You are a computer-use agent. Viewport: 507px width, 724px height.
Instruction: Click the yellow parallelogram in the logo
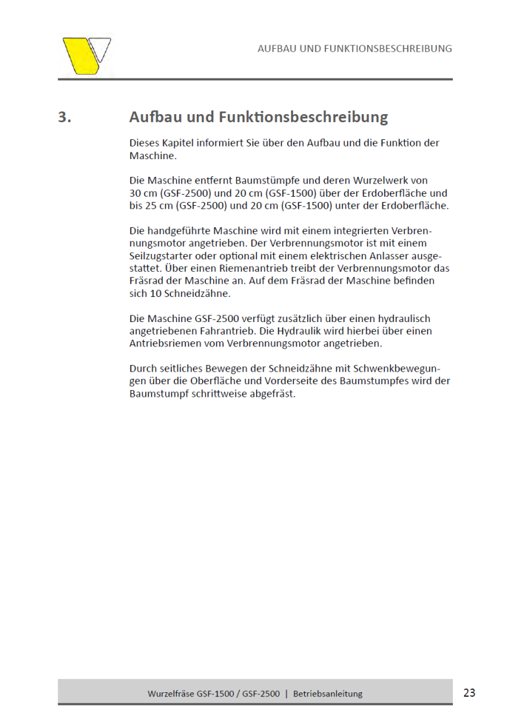point(79,56)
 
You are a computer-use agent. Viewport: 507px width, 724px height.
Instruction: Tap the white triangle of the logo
point(101,48)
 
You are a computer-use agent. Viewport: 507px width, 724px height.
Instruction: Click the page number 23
point(469,692)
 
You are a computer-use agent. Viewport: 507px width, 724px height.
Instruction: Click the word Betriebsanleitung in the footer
point(328,694)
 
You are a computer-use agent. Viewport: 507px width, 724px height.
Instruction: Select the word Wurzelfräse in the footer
point(171,694)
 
